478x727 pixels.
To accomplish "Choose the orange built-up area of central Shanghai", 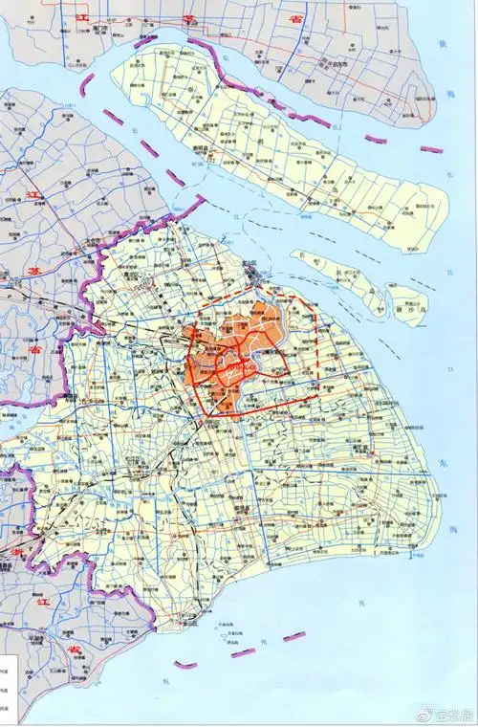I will tap(234, 359).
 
